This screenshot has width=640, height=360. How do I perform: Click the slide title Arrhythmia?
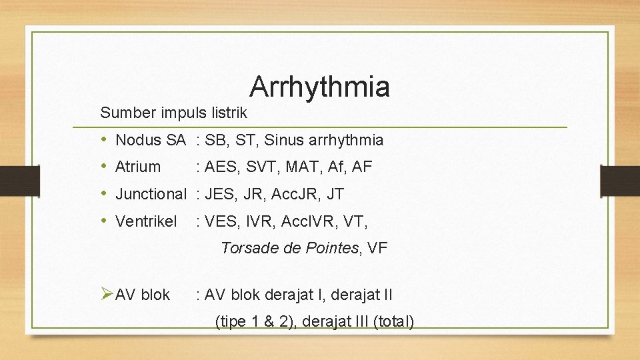(x=319, y=87)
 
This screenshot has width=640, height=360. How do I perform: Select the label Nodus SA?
(x=150, y=140)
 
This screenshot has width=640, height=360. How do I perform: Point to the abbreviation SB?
(x=215, y=140)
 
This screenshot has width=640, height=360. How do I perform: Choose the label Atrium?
(x=138, y=167)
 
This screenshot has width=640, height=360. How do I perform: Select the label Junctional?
(x=151, y=195)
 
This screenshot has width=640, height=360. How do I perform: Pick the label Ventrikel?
(x=146, y=221)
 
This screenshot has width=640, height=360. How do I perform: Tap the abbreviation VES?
(x=220, y=221)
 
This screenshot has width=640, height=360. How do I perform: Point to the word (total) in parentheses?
(x=394, y=322)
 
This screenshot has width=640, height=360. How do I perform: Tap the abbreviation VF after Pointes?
(x=377, y=249)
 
